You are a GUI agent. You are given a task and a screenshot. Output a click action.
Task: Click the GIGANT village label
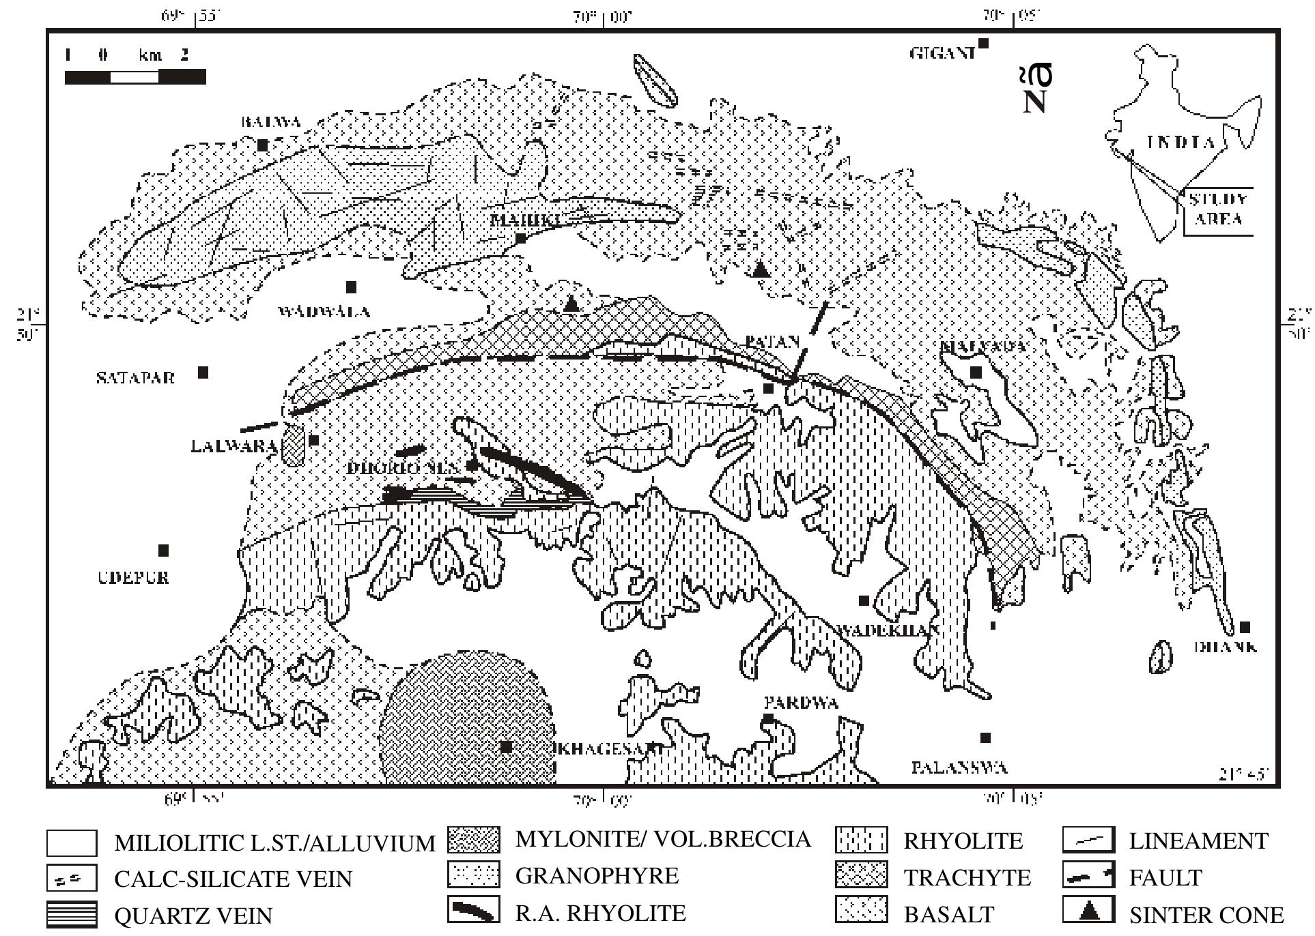(942, 53)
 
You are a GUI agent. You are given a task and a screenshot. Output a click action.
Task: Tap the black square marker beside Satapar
(203, 372)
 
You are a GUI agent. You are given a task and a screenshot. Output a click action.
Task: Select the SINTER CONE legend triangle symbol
(1088, 911)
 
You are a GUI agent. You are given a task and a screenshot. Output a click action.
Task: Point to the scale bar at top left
(135, 76)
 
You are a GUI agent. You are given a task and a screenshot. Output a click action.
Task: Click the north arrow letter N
(1035, 101)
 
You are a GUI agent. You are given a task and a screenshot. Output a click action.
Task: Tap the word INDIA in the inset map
(1180, 143)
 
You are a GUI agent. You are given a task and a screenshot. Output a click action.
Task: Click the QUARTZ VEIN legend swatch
(72, 915)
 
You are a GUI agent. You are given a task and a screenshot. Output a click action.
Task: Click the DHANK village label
(1226, 646)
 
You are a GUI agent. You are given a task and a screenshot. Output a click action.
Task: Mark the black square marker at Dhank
(1245, 627)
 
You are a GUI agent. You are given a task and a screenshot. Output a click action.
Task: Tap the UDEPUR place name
(134, 577)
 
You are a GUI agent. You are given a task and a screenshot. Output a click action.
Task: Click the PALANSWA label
(959, 767)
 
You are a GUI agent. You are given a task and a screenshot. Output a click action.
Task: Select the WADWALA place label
(324, 312)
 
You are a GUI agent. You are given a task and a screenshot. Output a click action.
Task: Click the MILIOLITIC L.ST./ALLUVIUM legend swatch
(72, 843)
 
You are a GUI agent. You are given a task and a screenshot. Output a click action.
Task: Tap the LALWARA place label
(234, 447)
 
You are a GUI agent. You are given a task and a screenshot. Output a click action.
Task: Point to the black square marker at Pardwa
(767, 718)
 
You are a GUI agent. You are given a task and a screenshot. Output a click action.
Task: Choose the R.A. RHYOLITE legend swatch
(473, 912)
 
